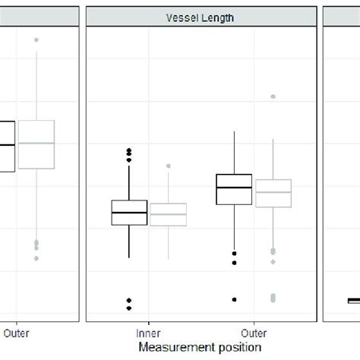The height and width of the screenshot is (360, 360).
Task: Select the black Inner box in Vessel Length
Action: coord(129,212)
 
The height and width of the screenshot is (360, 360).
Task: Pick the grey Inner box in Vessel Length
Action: coord(168,214)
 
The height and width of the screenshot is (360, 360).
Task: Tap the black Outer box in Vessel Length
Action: coord(234,188)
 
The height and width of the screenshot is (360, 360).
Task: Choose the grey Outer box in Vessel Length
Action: coord(273,193)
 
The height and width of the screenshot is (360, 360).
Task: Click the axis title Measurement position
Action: coord(201,346)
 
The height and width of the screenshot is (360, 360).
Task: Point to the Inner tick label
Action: coord(148,332)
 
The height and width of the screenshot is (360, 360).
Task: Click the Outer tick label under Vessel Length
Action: coord(253,332)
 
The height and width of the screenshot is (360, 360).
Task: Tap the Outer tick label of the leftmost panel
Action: coord(17,332)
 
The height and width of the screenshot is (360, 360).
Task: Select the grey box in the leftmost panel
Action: coord(36,144)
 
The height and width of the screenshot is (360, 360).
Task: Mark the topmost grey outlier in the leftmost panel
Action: coord(36,39)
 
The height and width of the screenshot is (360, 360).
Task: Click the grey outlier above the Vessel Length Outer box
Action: coord(273,96)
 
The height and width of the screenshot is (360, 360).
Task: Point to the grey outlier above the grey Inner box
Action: coord(168,166)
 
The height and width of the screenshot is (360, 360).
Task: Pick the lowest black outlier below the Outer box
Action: coord(234,299)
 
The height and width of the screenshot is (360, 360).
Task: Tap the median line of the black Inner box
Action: coord(129,213)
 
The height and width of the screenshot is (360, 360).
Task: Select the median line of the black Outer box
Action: coord(234,187)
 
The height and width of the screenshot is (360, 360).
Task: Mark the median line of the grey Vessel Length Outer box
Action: coord(273,192)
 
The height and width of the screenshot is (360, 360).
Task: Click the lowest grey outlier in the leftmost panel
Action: coord(36,258)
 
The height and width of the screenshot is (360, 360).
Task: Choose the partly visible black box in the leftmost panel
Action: coord(7,146)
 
